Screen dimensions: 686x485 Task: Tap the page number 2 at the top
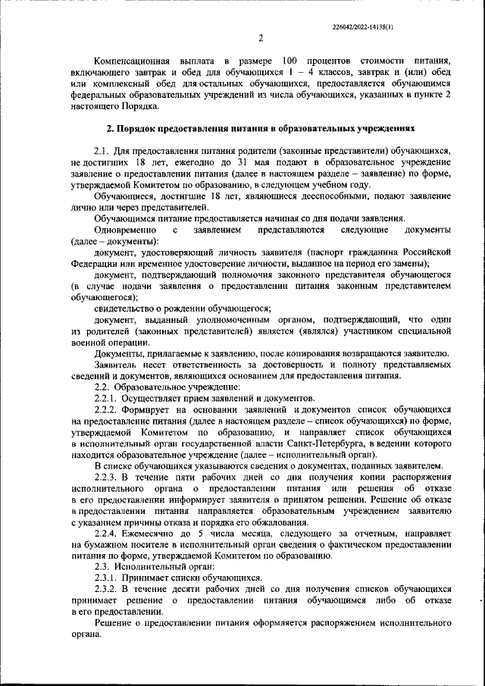point(259,39)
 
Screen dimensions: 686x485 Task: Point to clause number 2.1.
point(102,152)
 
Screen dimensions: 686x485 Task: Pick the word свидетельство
point(128,308)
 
